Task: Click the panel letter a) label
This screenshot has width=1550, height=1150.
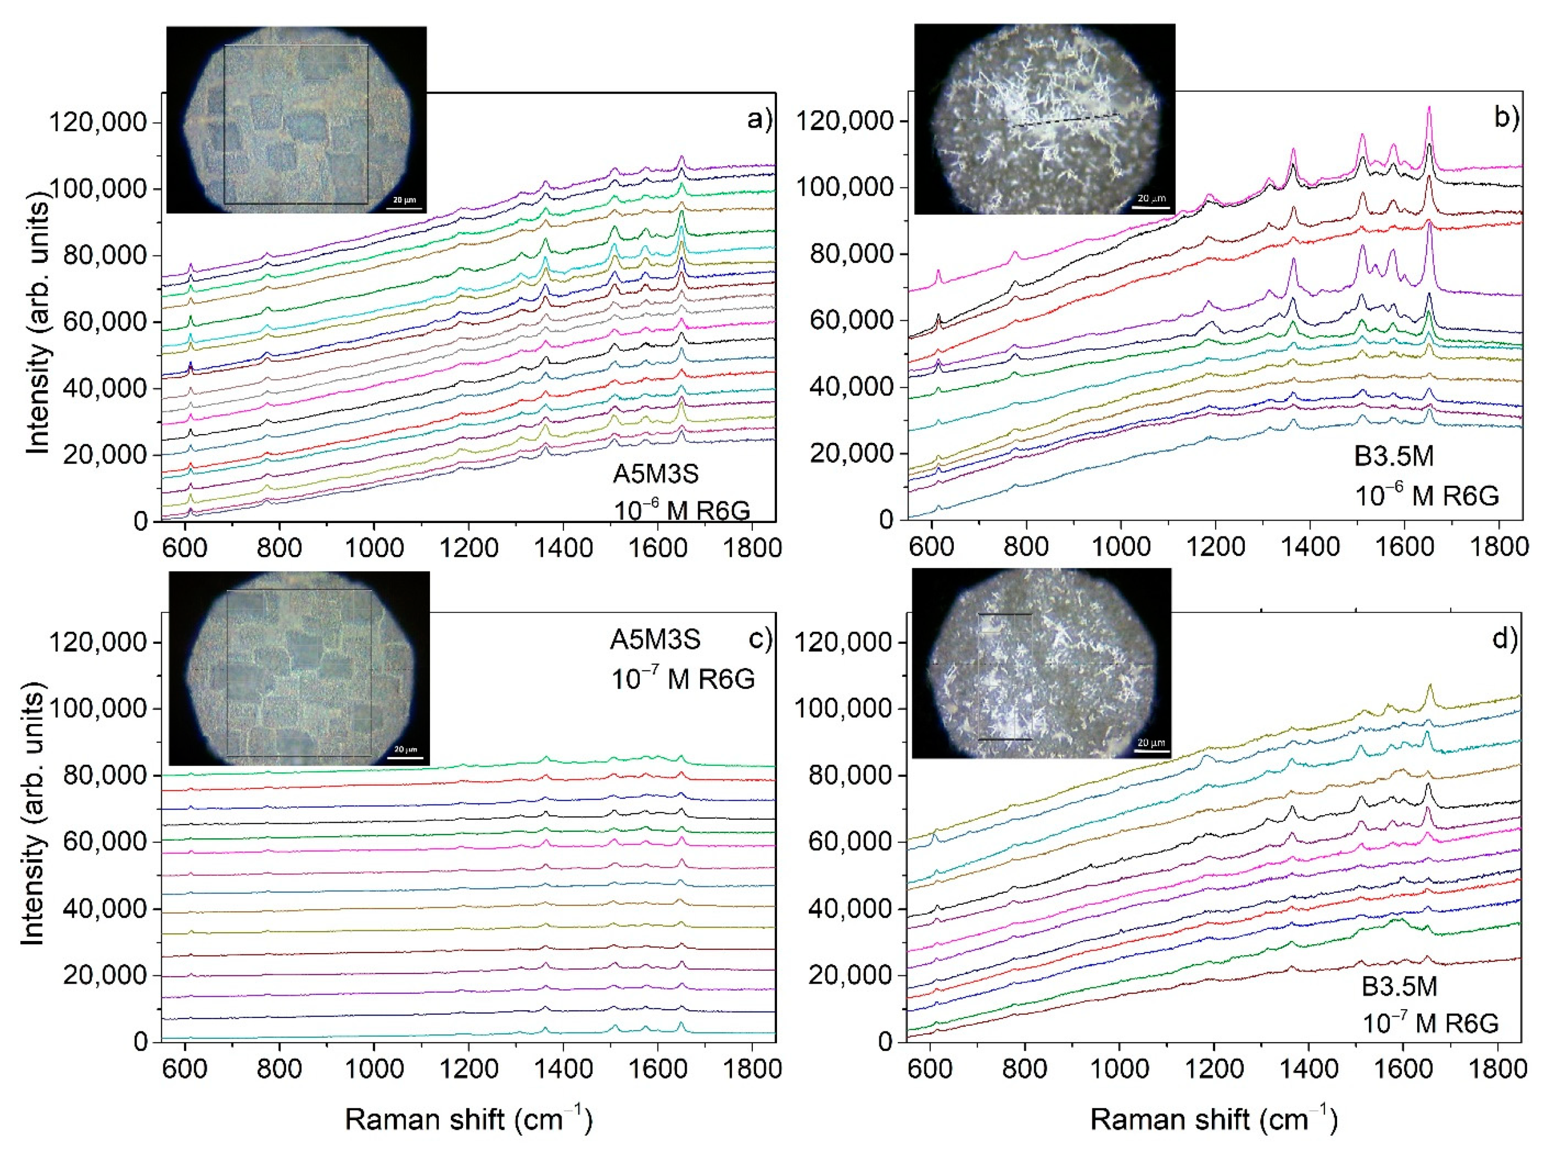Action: pyautogui.click(x=759, y=120)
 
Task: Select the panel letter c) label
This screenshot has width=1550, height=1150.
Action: pyautogui.click(x=759, y=639)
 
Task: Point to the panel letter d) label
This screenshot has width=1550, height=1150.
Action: pyautogui.click(x=1505, y=639)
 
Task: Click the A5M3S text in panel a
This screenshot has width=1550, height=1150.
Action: pyautogui.click(x=656, y=474)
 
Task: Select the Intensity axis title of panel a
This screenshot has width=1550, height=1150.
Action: pyautogui.click(x=38, y=327)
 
